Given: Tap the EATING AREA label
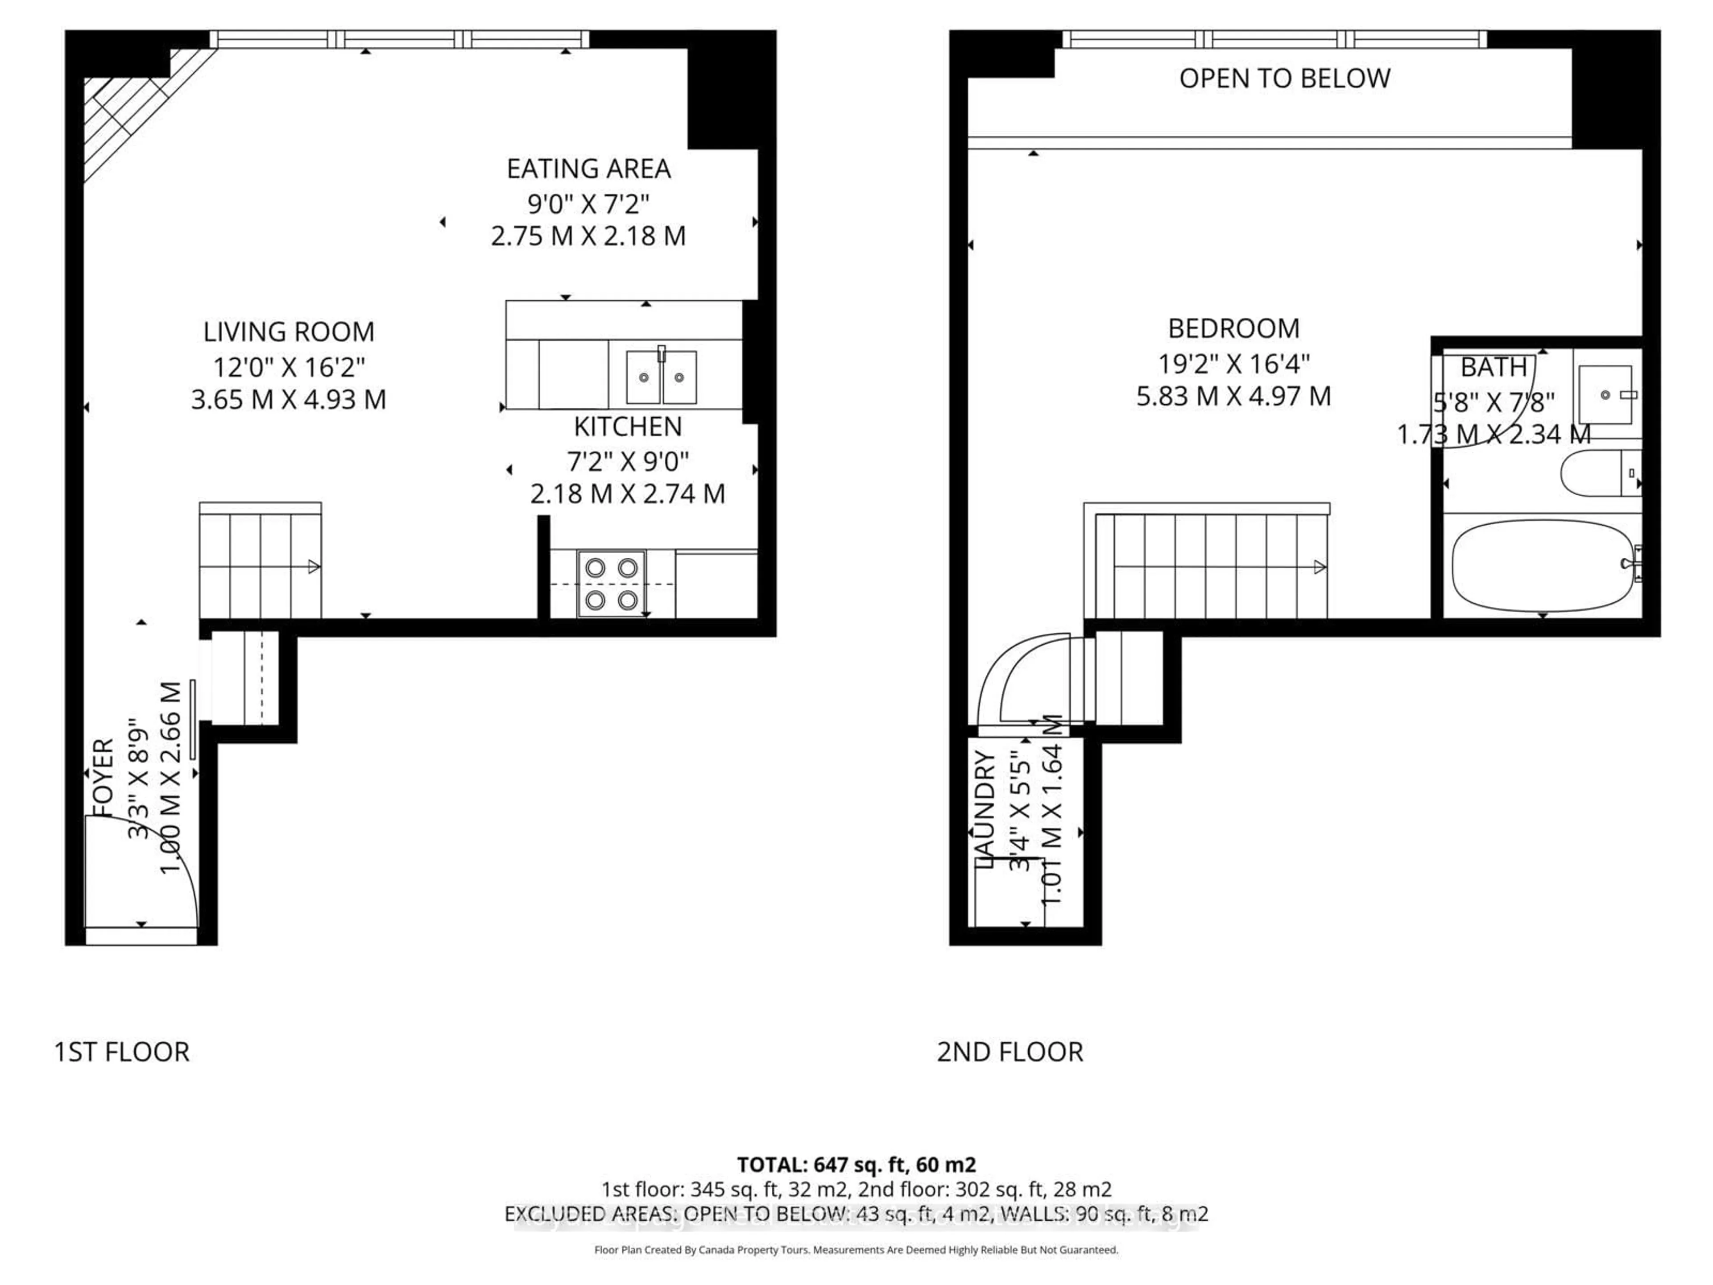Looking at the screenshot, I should coord(588,168).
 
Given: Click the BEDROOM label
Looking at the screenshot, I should coord(1233,328).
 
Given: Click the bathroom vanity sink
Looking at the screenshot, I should coord(1605,394).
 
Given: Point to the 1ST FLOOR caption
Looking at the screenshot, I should coord(122,1052).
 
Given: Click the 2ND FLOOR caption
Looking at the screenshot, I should coord(1010,1052).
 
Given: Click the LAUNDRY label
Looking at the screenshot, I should coord(984,809).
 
